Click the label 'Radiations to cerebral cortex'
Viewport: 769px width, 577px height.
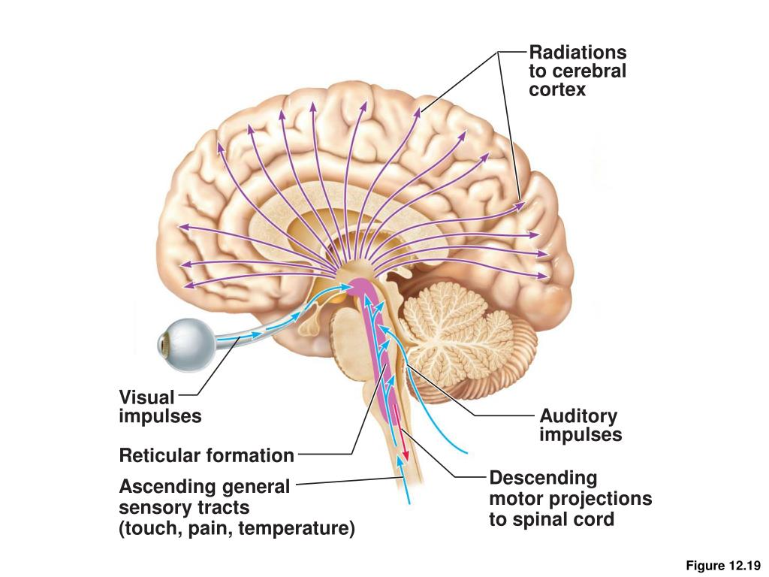point(577,71)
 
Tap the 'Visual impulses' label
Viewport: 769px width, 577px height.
point(160,406)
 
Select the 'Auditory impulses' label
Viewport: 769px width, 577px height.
point(580,425)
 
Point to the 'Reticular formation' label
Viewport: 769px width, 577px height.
point(207,455)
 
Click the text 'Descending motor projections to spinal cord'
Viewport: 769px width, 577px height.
point(570,498)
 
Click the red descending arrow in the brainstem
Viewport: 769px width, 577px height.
point(404,444)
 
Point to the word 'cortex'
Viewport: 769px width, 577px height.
point(557,90)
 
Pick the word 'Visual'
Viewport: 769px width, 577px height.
point(146,397)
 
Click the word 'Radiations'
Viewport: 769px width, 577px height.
point(577,53)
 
